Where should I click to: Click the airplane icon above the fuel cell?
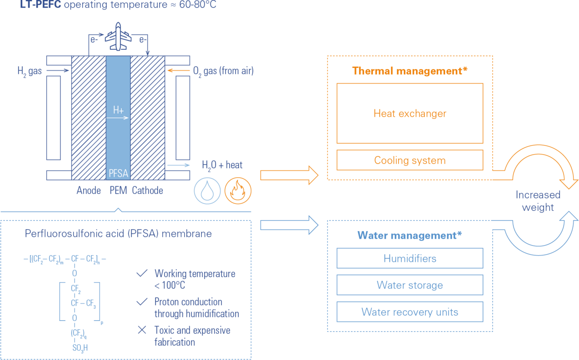click(x=118, y=37)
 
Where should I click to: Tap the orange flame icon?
click(x=238, y=191)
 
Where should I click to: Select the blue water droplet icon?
click(x=207, y=191)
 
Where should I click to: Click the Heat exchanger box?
click(x=410, y=113)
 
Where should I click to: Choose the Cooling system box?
click(x=410, y=160)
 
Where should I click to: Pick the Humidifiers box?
click(x=410, y=258)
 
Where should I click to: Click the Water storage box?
click(x=410, y=285)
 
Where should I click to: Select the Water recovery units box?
click(x=410, y=312)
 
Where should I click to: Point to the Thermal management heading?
click(x=410, y=71)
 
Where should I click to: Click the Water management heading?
click(x=410, y=236)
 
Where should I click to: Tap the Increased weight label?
click(x=538, y=201)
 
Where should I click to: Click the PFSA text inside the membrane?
click(x=118, y=173)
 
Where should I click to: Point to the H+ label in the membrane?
click(x=119, y=110)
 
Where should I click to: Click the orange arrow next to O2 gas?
click(x=179, y=70)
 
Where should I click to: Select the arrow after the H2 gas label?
click(x=57, y=70)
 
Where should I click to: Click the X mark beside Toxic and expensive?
click(x=142, y=330)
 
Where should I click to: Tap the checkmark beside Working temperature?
click(x=142, y=273)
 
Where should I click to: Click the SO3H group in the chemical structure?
click(x=80, y=348)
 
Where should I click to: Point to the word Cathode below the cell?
click(x=147, y=190)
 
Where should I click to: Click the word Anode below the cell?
click(x=89, y=190)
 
